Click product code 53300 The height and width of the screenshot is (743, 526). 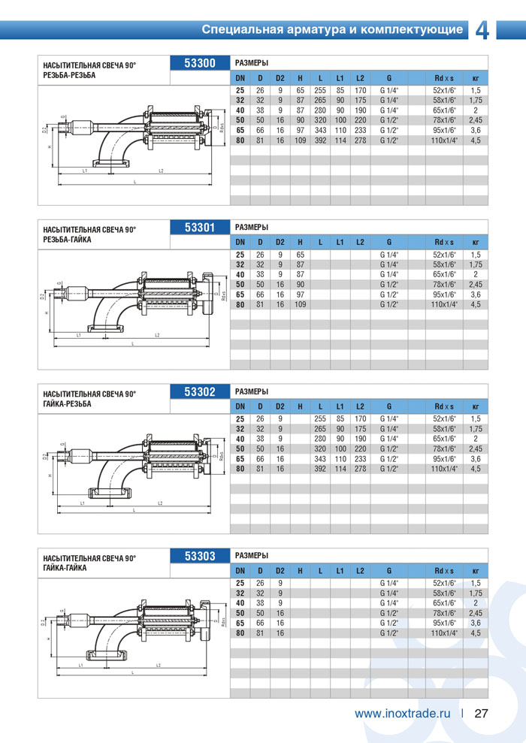point(200,63)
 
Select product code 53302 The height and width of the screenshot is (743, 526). point(200,391)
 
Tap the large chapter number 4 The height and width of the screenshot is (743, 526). point(482,29)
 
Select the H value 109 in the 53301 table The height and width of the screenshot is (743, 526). point(300,304)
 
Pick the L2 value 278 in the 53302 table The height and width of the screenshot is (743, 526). point(360,469)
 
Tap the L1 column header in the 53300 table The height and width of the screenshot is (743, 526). point(340,78)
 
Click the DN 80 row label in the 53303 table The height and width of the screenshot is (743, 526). point(240,633)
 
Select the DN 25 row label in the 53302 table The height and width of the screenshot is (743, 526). point(240,418)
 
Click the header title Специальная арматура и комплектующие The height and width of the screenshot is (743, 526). point(331,30)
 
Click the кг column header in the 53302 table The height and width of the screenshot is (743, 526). point(475,407)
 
